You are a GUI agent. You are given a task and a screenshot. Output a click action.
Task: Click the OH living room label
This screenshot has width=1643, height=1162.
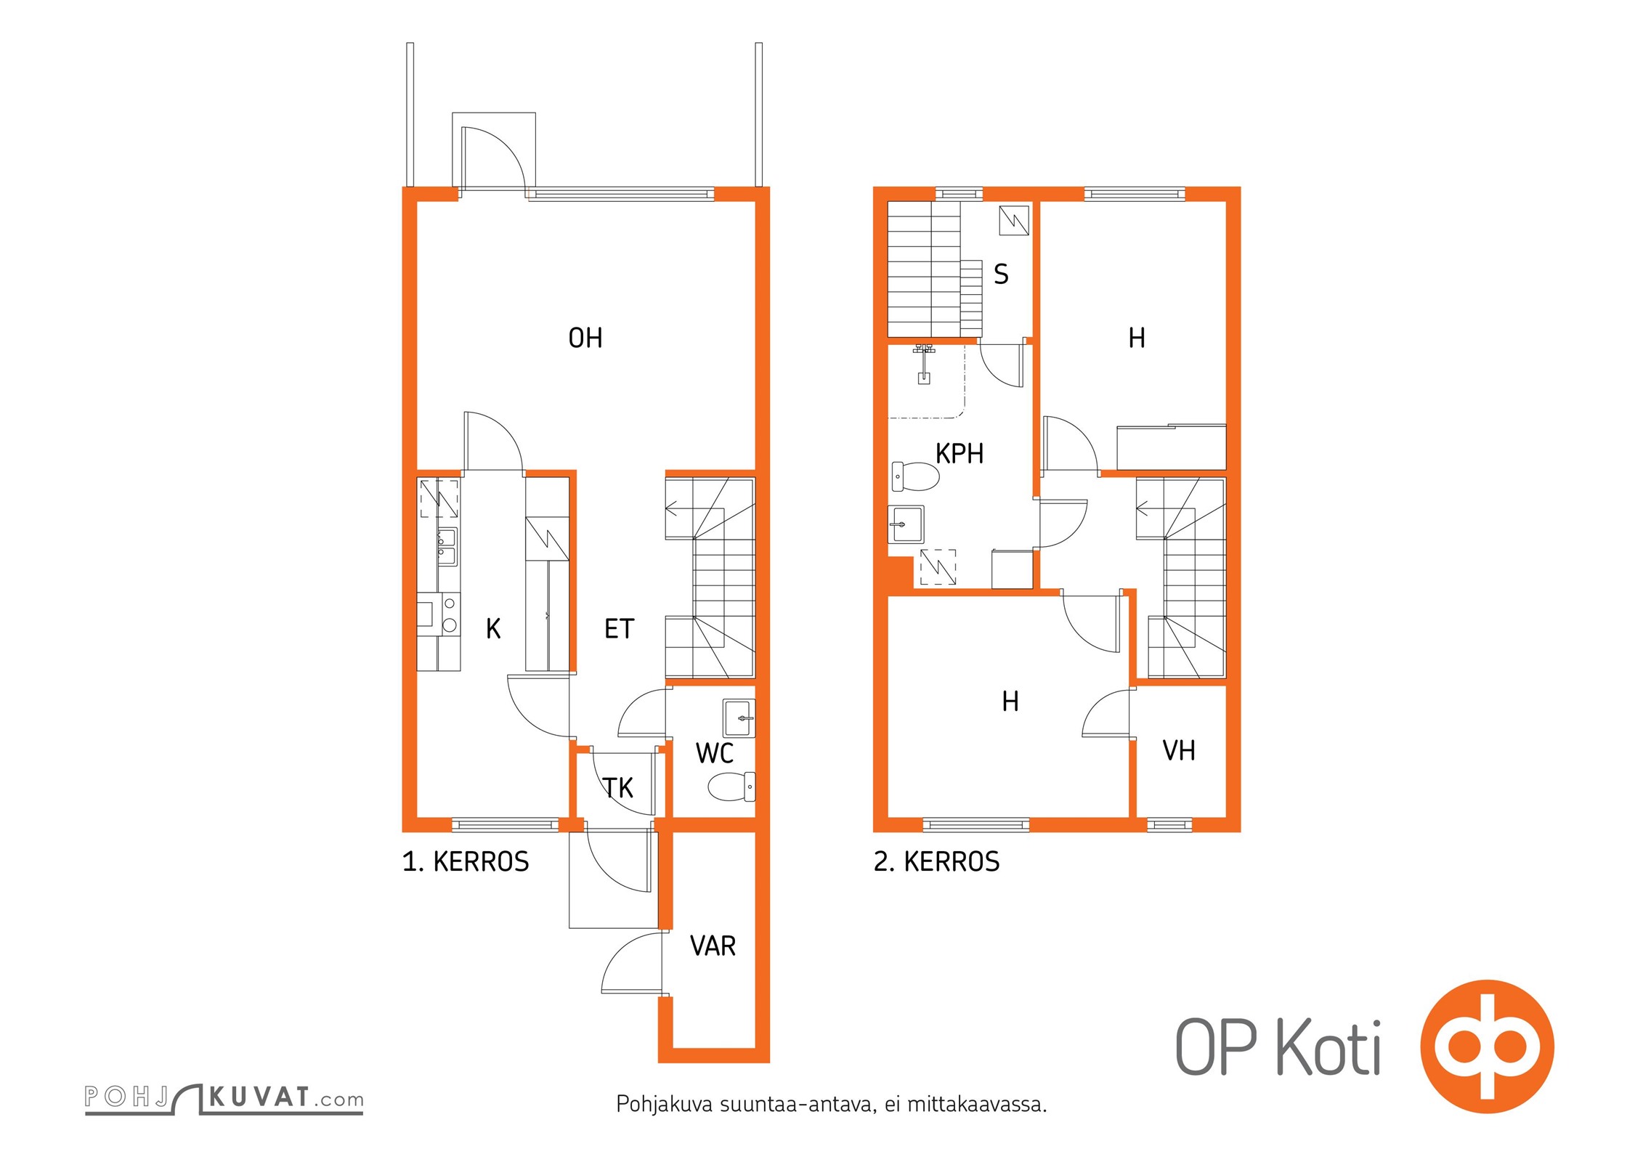[585, 338]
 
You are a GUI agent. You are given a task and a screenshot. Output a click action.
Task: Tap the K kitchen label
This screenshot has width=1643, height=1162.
[493, 628]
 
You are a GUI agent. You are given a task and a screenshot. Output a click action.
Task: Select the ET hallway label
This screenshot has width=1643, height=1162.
[620, 628]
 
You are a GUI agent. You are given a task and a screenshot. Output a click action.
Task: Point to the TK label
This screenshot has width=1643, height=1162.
[618, 787]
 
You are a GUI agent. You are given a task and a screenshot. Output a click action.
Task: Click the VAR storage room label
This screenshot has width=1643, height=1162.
[713, 946]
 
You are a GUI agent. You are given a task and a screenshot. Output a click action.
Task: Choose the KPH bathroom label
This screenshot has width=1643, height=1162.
[960, 453]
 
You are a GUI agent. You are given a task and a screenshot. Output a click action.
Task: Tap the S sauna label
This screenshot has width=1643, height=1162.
[1001, 274]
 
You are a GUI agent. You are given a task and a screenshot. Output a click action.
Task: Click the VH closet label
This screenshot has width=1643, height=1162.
[1179, 750]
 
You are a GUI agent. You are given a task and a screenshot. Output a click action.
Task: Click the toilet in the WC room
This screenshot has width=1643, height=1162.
[731, 787]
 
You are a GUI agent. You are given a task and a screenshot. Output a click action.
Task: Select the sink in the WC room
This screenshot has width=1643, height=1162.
[739, 718]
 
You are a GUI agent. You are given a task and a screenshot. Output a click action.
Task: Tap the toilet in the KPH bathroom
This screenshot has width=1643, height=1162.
[915, 476]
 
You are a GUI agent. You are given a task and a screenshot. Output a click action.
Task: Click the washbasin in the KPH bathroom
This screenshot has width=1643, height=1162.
[906, 524]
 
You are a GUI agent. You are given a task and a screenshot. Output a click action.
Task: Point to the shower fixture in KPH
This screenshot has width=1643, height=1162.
[923, 363]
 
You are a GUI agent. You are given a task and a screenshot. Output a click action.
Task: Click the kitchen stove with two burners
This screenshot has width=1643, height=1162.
[439, 614]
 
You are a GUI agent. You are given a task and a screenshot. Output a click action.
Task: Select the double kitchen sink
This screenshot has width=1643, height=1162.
[447, 547]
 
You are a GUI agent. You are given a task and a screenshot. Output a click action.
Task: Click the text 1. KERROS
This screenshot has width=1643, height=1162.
[466, 862]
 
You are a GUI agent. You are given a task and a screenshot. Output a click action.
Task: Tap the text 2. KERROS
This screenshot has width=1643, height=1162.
[936, 862]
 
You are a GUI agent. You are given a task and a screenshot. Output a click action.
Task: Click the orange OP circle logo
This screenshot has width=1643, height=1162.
[1487, 1047]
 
